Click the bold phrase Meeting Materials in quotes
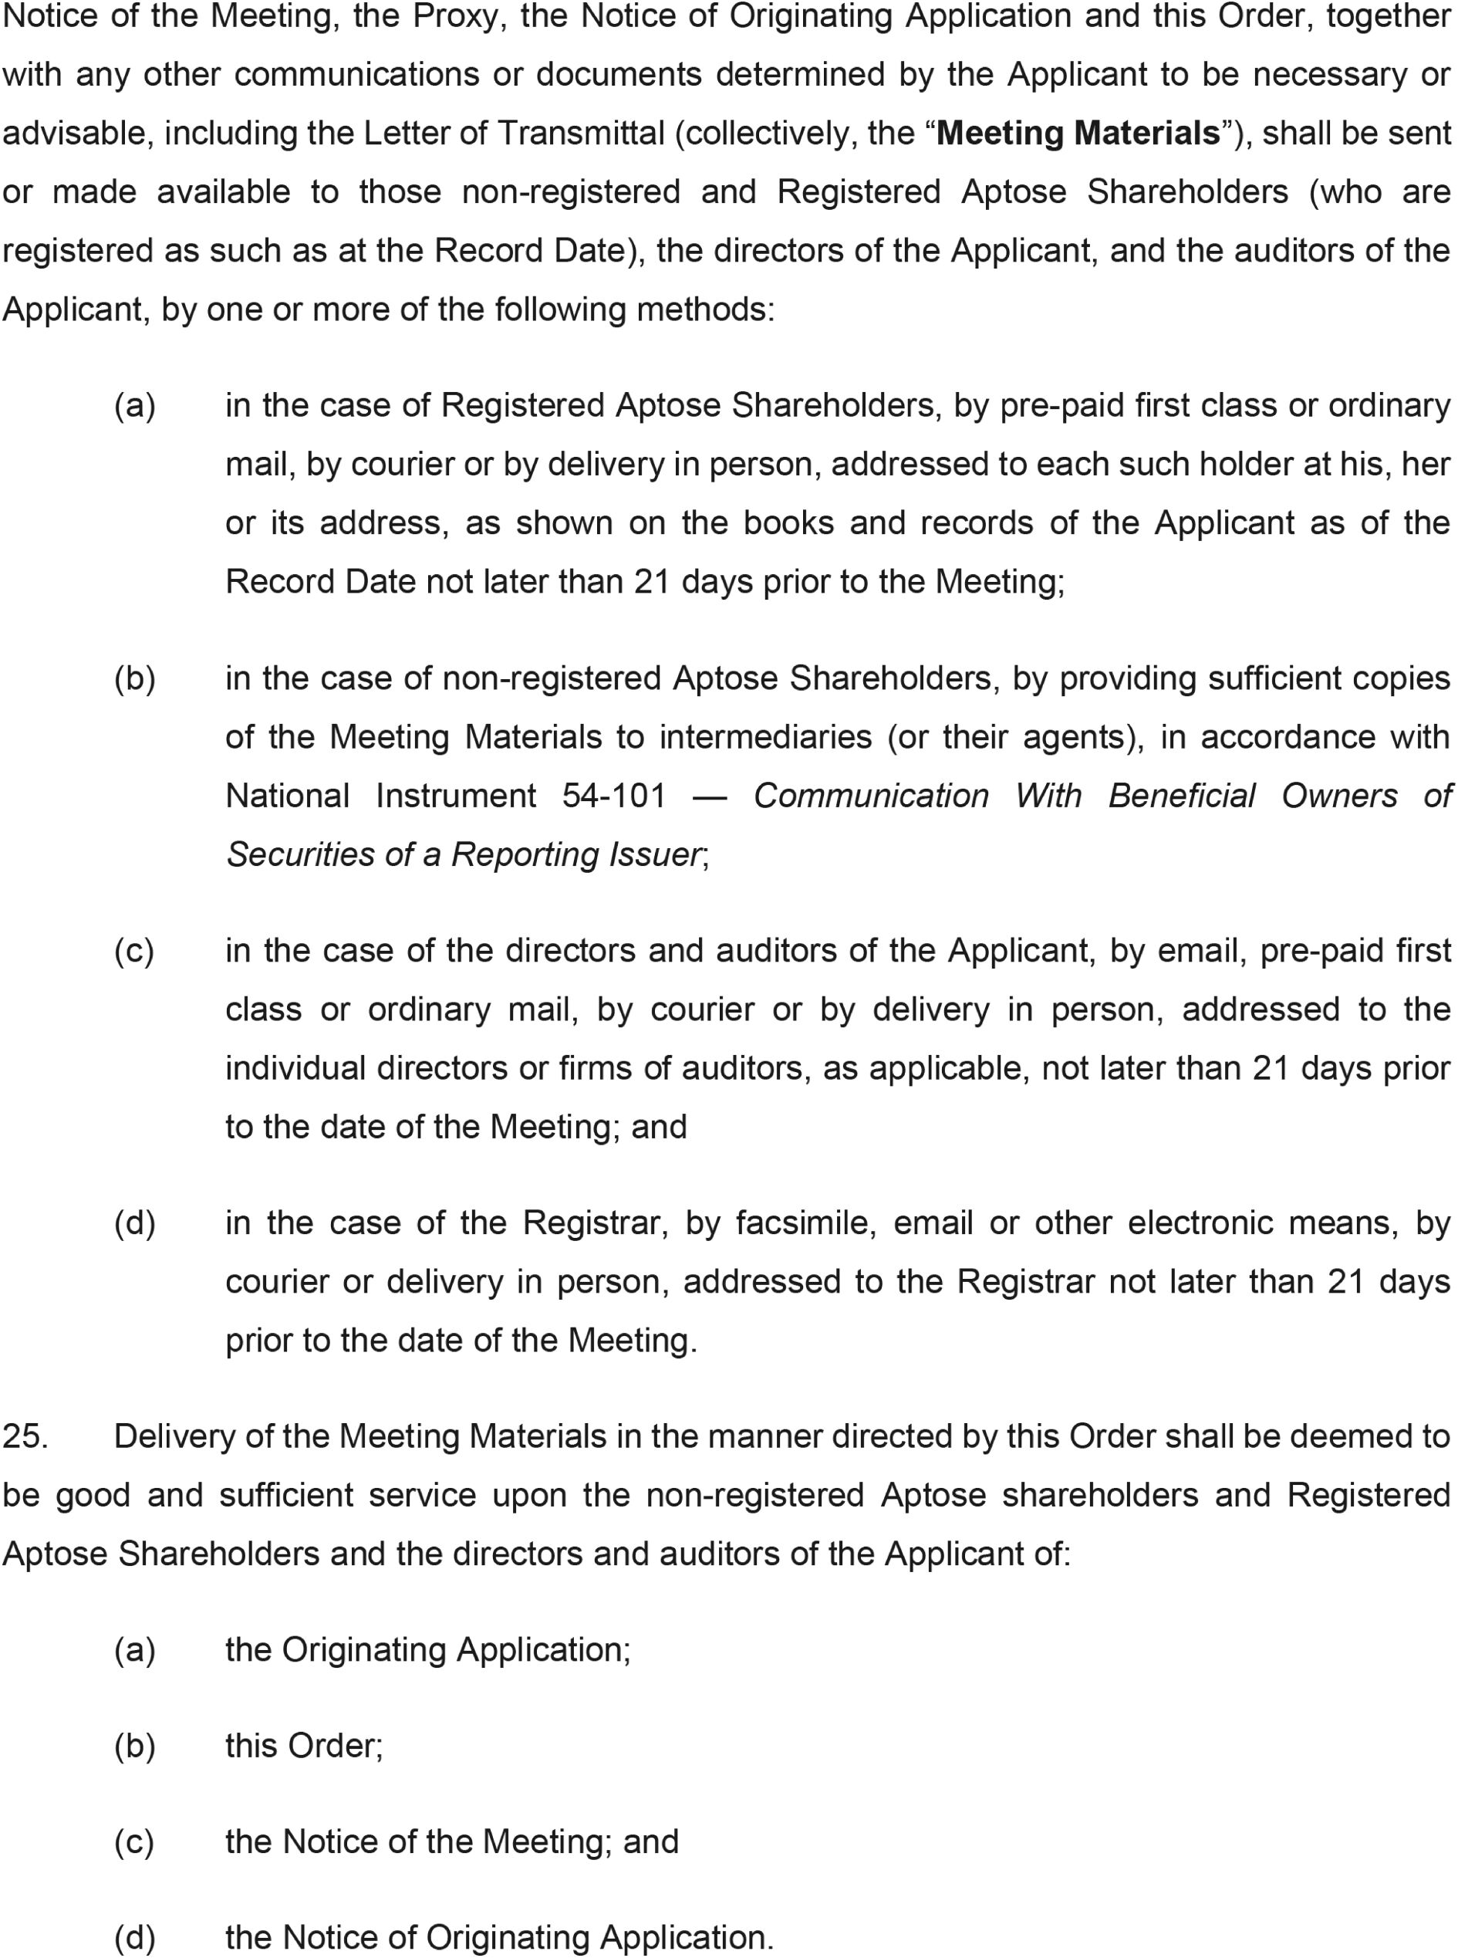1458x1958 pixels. coord(1078,134)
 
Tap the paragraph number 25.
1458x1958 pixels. coord(25,1436)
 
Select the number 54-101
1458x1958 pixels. coord(614,796)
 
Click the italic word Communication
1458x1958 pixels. coord(871,796)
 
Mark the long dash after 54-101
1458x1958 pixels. coord(710,797)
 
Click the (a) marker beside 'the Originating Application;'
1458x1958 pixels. coord(135,1650)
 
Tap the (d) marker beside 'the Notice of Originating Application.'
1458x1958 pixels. coord(135,1938)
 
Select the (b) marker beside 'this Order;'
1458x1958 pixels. coord(135,1746)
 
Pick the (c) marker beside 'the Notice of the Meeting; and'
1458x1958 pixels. coord(134,1841)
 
